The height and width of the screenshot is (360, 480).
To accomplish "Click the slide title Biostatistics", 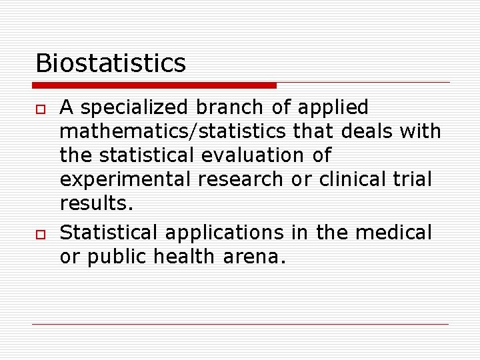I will pos(111,63).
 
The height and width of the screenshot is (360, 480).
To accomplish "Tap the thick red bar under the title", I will pos(155,85).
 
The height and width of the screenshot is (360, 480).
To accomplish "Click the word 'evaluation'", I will pos(243,155).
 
